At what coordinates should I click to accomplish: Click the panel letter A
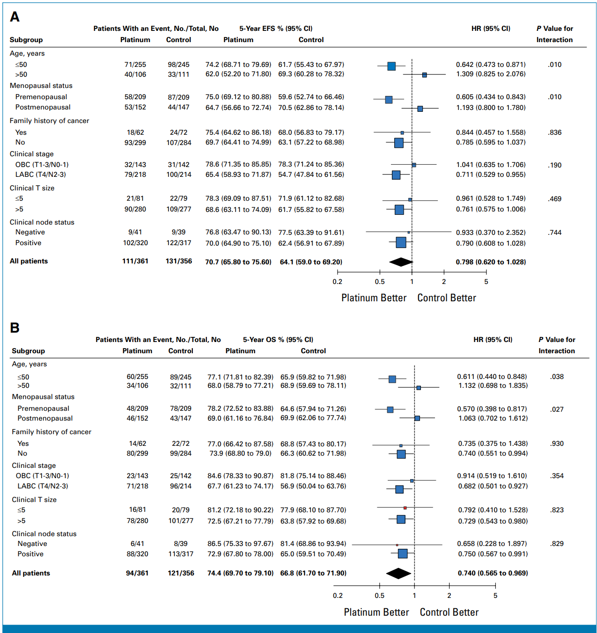15,17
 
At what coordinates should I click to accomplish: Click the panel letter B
15,327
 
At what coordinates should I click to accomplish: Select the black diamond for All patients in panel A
401,262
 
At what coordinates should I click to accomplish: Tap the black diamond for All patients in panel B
398,573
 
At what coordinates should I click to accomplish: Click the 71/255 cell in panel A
135,65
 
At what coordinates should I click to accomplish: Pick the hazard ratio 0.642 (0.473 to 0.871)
491,65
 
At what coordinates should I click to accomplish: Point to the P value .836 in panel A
555,132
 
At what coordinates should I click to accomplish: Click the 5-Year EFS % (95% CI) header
276,29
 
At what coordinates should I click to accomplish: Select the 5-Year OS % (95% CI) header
278,340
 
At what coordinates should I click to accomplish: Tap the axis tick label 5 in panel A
486,282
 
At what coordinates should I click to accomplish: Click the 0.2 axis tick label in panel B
338,596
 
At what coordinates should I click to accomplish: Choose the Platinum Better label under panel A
374,298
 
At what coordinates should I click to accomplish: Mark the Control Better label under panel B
449,612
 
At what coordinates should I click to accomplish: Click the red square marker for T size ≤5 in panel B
405,508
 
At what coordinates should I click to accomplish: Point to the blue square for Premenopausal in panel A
389,100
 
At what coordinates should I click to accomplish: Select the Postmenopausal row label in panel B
45,418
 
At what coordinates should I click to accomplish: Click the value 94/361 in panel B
137,573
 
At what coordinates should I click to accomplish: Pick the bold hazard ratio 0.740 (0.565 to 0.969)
493,573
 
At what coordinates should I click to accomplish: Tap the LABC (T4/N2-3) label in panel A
40,175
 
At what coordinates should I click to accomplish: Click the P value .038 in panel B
557,377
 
